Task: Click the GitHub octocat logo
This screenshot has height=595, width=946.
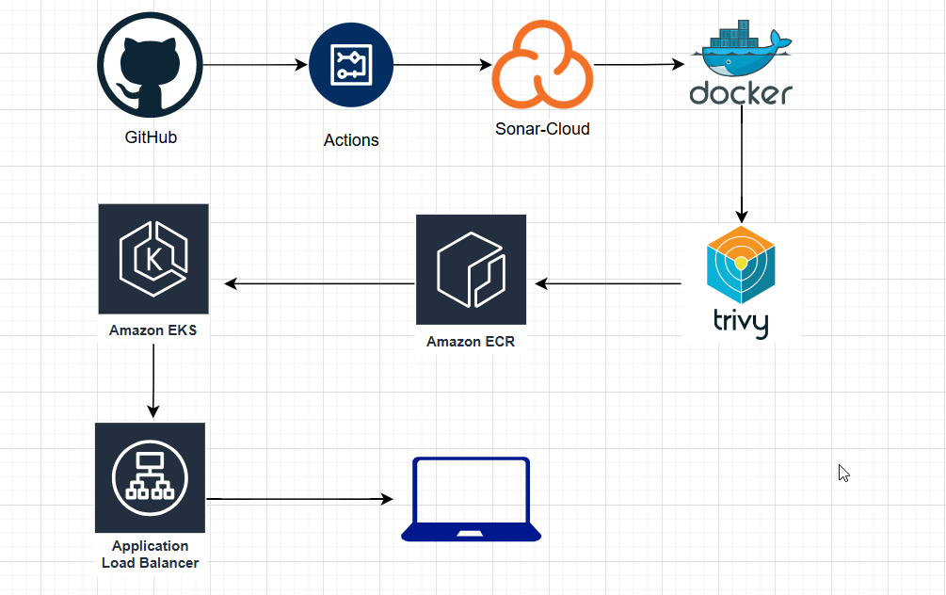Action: coord(150,66)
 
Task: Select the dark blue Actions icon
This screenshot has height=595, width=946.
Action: coord(350,65)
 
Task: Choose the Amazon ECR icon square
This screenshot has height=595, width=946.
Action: coord(471,269)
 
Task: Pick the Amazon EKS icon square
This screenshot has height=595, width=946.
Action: coord(153,259)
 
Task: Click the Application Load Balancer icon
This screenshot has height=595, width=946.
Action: coord(151,478)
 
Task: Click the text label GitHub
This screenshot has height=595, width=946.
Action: coord(151,137)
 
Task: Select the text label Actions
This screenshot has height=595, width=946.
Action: coord(351,140)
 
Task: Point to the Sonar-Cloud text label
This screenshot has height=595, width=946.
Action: coord(542,129)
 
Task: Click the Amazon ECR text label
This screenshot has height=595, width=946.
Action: coord(471,342)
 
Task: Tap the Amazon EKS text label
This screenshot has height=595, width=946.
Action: coord(153,330)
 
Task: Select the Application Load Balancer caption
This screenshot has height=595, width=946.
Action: coord(151,555)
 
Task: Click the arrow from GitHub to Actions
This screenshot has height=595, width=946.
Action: coord(255,65)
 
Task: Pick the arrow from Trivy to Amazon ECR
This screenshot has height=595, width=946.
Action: coord(608,282)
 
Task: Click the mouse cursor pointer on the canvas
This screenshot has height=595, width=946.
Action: coord(843,473)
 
